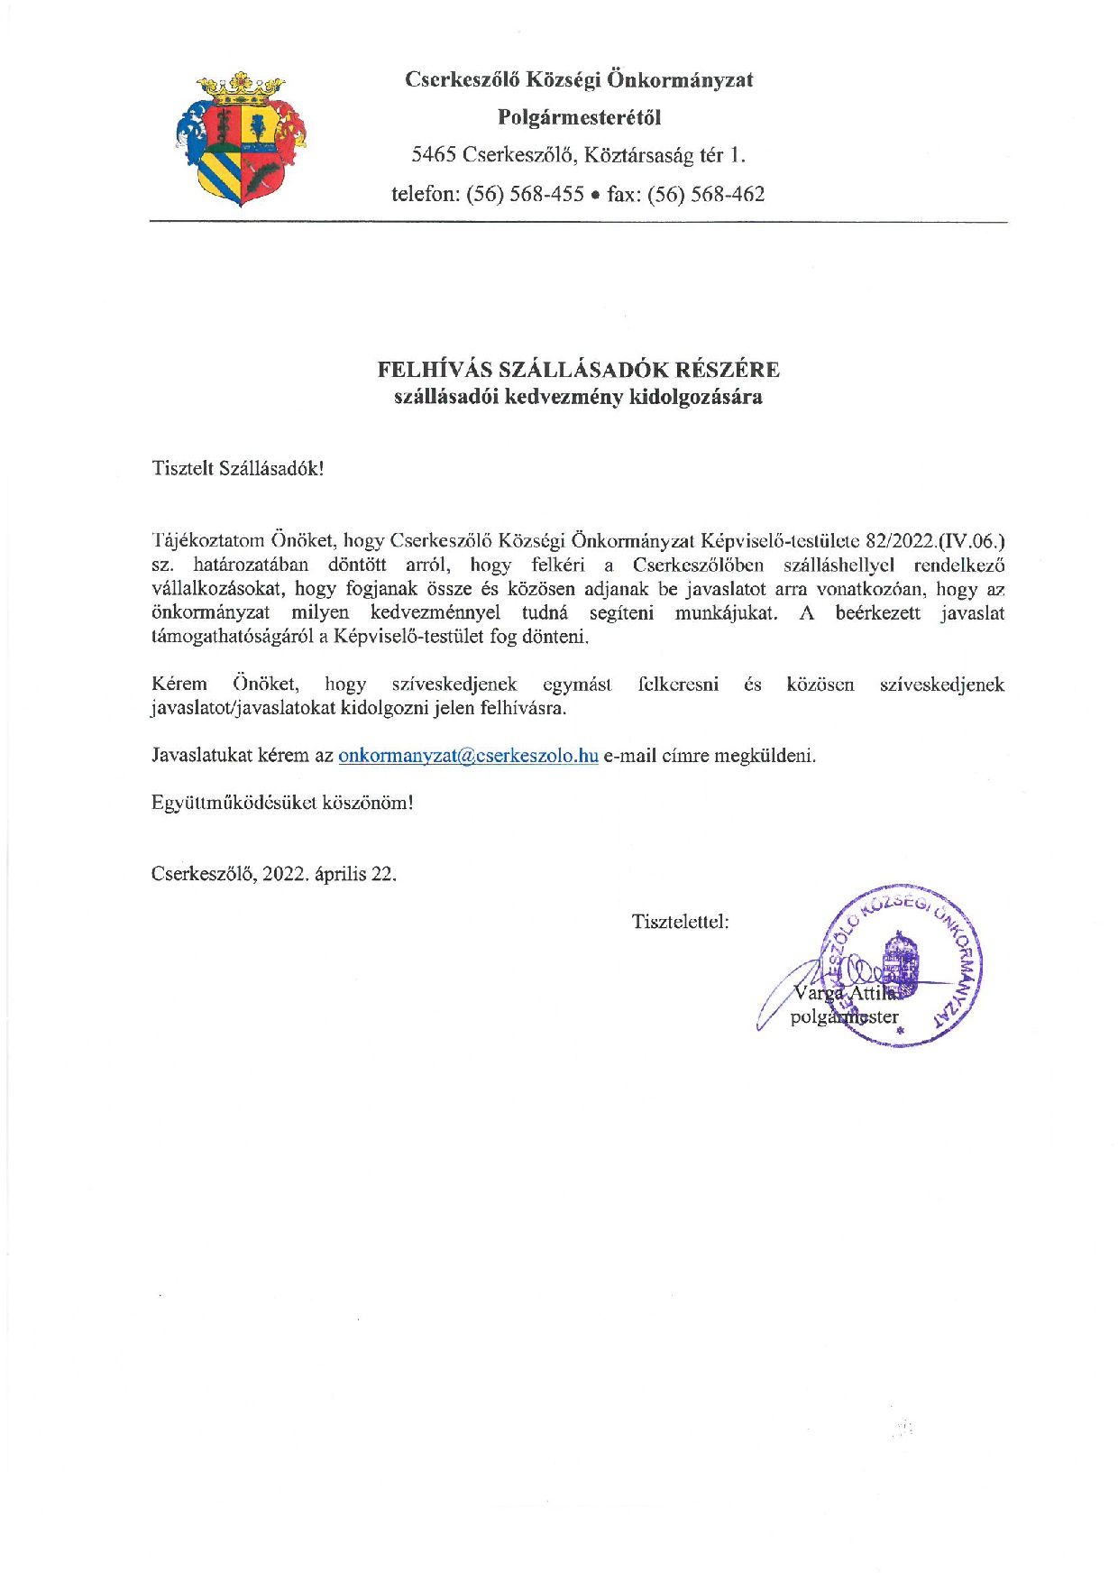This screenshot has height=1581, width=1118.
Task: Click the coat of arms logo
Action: click(x=241, y=140)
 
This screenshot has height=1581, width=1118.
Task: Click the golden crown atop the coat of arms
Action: click(x=241, y=88)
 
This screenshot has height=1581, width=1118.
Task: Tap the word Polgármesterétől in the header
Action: click(x=579, y=117)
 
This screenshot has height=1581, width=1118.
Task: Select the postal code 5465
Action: click(x=434, y=155)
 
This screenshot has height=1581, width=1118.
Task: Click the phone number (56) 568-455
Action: click(x=525, y=194)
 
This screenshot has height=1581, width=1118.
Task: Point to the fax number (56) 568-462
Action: click(x=706, y=194)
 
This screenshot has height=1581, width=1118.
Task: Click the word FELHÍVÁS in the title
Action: click(x=434, y=370)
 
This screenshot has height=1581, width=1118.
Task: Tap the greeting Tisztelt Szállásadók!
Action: click(x=238, y=469)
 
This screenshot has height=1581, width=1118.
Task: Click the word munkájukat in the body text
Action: click(x=726, y=613)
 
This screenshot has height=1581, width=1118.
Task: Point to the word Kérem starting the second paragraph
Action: click(x=179, y=685)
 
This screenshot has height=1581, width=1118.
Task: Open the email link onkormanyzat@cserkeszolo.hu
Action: click(x=468, y=756)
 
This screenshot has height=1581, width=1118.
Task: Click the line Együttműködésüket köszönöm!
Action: click(x=282, y=803)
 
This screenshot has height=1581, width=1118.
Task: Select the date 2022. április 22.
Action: click(x=329, y=874)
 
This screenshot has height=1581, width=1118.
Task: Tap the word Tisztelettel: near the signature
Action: click(x=681, y=922)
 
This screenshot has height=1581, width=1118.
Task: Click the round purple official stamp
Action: click(x=902, y=965)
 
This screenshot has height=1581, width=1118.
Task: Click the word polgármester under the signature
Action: click(x=844, y=1017)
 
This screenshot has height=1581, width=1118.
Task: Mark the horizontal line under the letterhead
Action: click(x=578, y=222)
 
